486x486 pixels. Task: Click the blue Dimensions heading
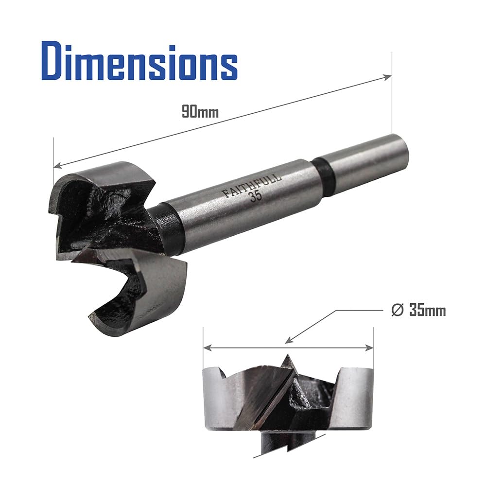139,63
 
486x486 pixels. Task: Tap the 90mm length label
200,112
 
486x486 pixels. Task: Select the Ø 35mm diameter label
418,310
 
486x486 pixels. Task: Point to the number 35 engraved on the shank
256,196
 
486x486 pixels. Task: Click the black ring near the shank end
325,177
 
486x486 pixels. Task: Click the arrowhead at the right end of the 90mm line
387,77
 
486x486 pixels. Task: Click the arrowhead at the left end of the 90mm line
58,165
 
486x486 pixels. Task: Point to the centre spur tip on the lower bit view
287,356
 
